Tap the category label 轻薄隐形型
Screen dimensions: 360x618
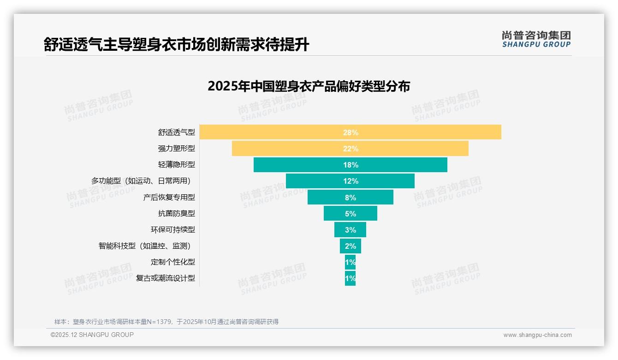pyautogui.click(x=176, y=165)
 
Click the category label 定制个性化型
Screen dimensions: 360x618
pyautogui.click(x=172, y=262)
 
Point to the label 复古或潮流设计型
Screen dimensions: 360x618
pyautogui.click(x=165, y=278)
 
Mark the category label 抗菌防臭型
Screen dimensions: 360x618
pyautogui.click(x=176, y=213)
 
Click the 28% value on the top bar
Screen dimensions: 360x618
pyautogui.click(x=351, y=132)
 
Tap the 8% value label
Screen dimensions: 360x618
pyautogui.click(x=351, y=198)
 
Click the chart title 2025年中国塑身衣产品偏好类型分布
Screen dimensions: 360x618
pyautogui.click(x=309, y=86)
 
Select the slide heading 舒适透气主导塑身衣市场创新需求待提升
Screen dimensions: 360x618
pyautogui.click(x=176, y=45)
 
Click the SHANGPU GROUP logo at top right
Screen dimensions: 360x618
pyautogui.click(x=536, y=39)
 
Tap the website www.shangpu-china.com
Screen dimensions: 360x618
pyautogui.click(x=537, y=335)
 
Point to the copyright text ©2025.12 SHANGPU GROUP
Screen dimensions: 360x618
pyautogui.click(x=92, y=335)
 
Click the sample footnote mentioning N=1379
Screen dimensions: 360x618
pyautogui.click(x=166, y=322)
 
